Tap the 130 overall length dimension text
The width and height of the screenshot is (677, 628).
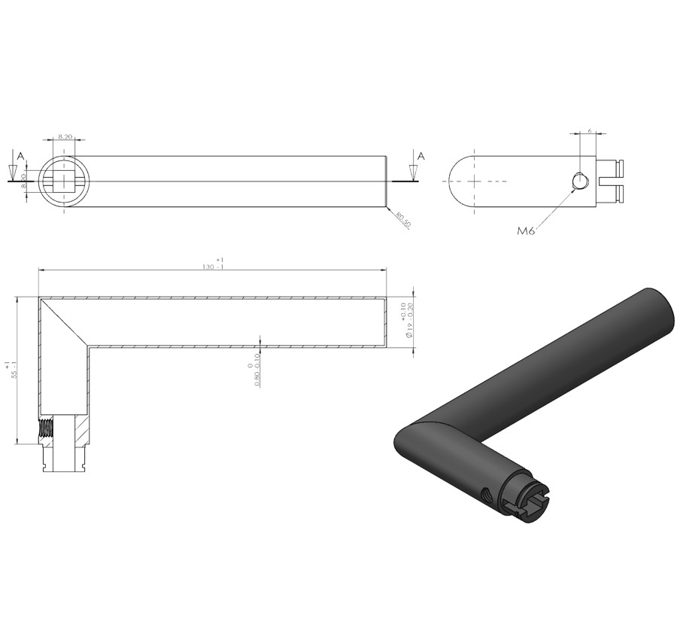click(x=212, y=267)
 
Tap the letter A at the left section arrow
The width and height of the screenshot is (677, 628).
click(x=21, y=156)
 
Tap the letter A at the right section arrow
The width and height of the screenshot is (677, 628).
click(x=420, y=156)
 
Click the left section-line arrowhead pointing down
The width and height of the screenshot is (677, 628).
click(x=13, y=172)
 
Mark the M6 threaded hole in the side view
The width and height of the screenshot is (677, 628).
click(x=579, y=181)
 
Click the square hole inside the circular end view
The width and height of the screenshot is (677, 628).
click(x=64, y=181)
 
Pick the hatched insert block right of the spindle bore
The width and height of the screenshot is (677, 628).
click(x=82, y=431)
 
